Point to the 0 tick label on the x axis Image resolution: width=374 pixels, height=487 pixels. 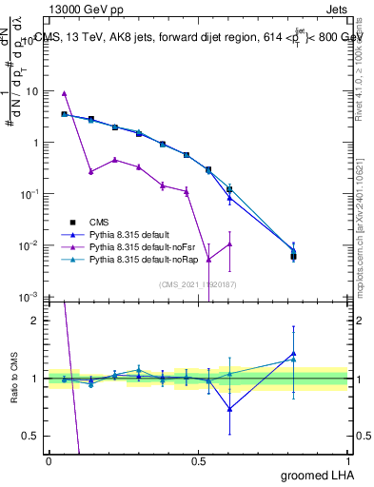pos(49,461)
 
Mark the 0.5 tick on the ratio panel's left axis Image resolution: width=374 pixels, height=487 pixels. pos(30,436)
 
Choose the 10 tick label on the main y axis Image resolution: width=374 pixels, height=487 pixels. pos(31,91)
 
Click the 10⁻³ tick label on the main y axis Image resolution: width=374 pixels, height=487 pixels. pos(30,297)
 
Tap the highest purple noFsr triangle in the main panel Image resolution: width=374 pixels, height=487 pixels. pos(64,93)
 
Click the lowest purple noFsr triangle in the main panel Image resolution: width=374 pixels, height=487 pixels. pos(209,259)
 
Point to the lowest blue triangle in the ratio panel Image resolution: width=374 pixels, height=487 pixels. pos(229,409)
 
